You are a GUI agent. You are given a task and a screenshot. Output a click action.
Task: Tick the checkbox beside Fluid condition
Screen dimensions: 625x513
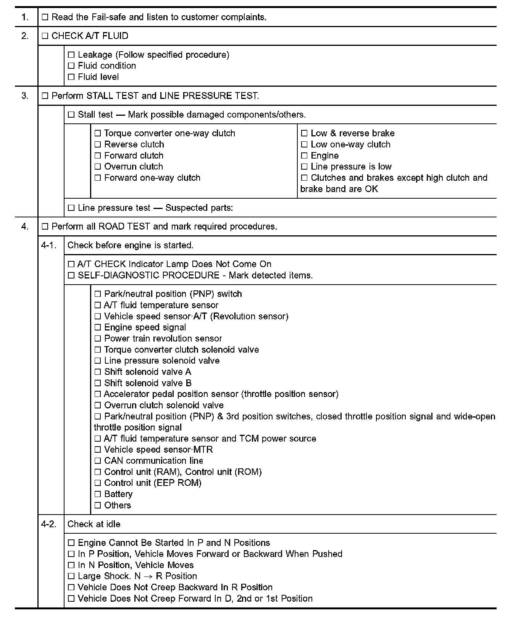point(71,66)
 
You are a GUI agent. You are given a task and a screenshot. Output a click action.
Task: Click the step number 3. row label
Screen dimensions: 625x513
point(25,96)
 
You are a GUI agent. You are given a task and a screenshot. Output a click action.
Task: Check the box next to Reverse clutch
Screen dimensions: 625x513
point(97,145)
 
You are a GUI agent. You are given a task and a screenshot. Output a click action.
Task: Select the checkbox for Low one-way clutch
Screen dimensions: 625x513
point(304,145)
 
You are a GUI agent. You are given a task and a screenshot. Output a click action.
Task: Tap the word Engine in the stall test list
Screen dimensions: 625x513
point(324,156)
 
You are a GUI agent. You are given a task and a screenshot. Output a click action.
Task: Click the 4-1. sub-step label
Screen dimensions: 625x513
point(48,245)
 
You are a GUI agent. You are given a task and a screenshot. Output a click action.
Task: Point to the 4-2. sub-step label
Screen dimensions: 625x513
point(48,524)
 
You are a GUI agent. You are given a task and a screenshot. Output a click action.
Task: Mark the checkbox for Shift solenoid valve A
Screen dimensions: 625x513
point(97,372)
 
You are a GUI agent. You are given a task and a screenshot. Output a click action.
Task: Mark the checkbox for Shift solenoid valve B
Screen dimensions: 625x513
point(97,383)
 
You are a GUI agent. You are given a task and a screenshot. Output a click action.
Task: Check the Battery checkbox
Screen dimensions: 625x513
point(97,494)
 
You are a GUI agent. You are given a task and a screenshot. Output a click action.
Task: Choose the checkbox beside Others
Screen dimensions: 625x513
point(97,505)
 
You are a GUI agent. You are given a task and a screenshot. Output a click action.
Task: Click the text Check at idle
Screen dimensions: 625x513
point(94,524)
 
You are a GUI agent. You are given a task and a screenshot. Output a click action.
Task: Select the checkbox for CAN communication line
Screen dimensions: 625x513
point(97,461)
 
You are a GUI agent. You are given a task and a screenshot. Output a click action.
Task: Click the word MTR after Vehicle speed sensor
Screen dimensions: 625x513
point(203,450)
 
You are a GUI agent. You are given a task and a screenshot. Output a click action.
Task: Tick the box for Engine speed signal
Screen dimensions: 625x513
point(97,328)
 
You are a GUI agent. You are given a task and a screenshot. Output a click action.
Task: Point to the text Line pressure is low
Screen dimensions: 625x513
point(351,167)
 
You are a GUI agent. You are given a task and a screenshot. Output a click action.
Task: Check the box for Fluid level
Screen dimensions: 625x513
point(71,77)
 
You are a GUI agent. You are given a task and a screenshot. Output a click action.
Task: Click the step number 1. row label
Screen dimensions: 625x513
point(25,17)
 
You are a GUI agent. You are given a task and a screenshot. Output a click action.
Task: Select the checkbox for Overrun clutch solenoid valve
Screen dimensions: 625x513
point(97,405)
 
